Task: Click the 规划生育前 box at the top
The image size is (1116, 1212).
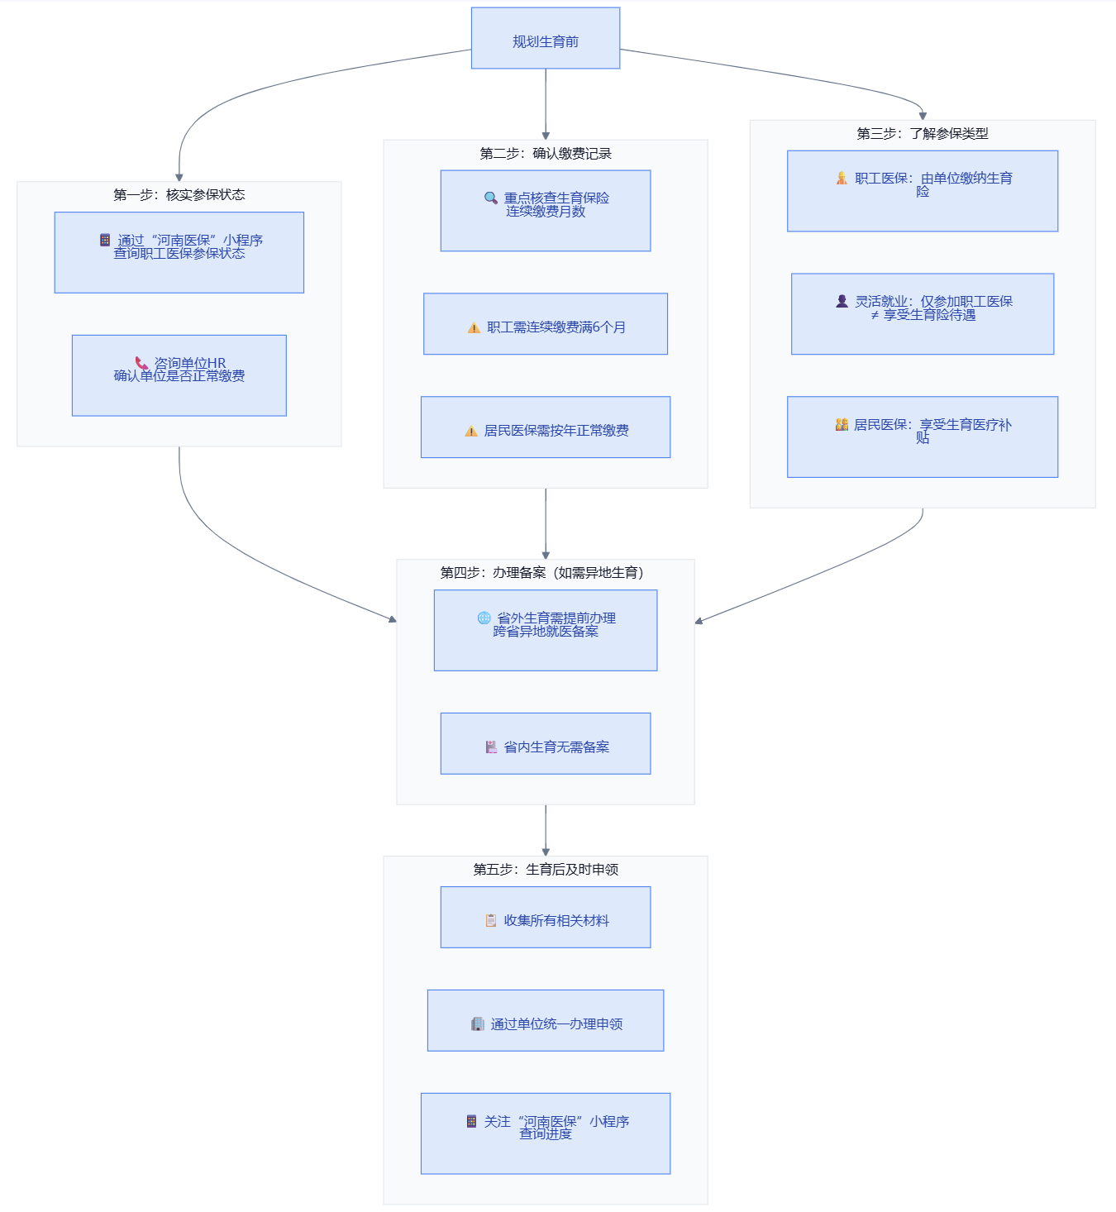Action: tap(545, 38)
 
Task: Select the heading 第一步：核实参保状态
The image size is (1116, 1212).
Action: tap(179, 194)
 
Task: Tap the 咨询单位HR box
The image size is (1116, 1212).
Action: tap(179, 375)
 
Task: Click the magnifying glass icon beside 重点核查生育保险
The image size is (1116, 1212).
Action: tap(491, 198)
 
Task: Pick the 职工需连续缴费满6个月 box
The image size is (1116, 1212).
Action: tap(545, 324)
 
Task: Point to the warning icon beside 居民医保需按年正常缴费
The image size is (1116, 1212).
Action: tap(471, 431)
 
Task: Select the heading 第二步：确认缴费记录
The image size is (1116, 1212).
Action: tap(545, 154)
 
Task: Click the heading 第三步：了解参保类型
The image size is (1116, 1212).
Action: tap(922, 134)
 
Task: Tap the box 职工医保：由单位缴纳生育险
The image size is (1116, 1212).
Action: tap(922, 191)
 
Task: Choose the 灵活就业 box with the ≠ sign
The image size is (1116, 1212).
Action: tap(922, 313)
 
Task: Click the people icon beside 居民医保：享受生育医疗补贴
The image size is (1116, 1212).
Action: tap(842, 425)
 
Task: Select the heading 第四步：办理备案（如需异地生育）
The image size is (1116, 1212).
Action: tap(542, 572)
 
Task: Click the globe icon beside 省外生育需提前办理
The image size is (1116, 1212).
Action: tap(484, 618)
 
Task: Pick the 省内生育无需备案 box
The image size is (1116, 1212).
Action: tap(545, 743)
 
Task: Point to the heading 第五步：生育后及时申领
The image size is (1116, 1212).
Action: tap(545, 869)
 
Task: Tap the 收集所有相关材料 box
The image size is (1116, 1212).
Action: tap(545, 917)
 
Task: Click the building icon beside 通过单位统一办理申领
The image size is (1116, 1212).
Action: tap(477, 1024)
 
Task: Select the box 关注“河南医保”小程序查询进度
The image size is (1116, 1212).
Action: tap(545, 1133)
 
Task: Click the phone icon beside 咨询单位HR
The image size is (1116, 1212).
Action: tap(141, 362)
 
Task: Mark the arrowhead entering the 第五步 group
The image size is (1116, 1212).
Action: tap(545, 852)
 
